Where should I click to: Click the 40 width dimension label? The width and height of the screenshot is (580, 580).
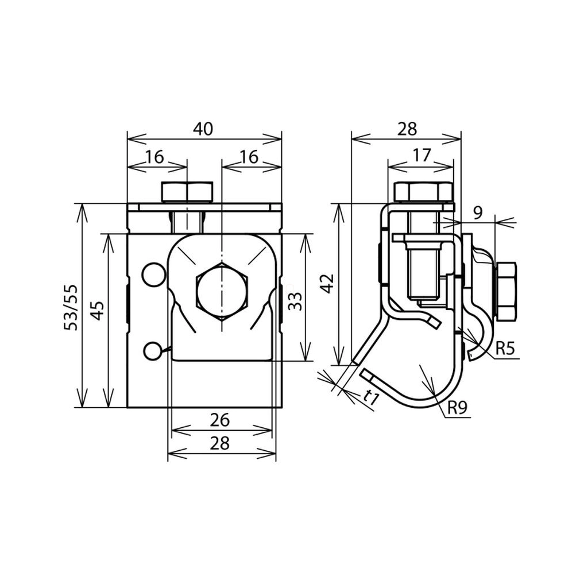coord(203,129)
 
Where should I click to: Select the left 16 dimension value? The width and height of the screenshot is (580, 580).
coord(154,157)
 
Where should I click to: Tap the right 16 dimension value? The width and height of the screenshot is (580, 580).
coord(249,157)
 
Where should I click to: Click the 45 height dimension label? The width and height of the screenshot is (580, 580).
coord(97,311)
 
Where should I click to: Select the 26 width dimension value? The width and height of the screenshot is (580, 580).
coord(220,420)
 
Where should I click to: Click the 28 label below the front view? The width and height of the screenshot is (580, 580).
coord(220,443)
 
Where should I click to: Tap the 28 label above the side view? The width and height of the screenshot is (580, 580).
coord(407,129)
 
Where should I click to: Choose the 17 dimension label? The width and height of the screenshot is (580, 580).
coord(422,156)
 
